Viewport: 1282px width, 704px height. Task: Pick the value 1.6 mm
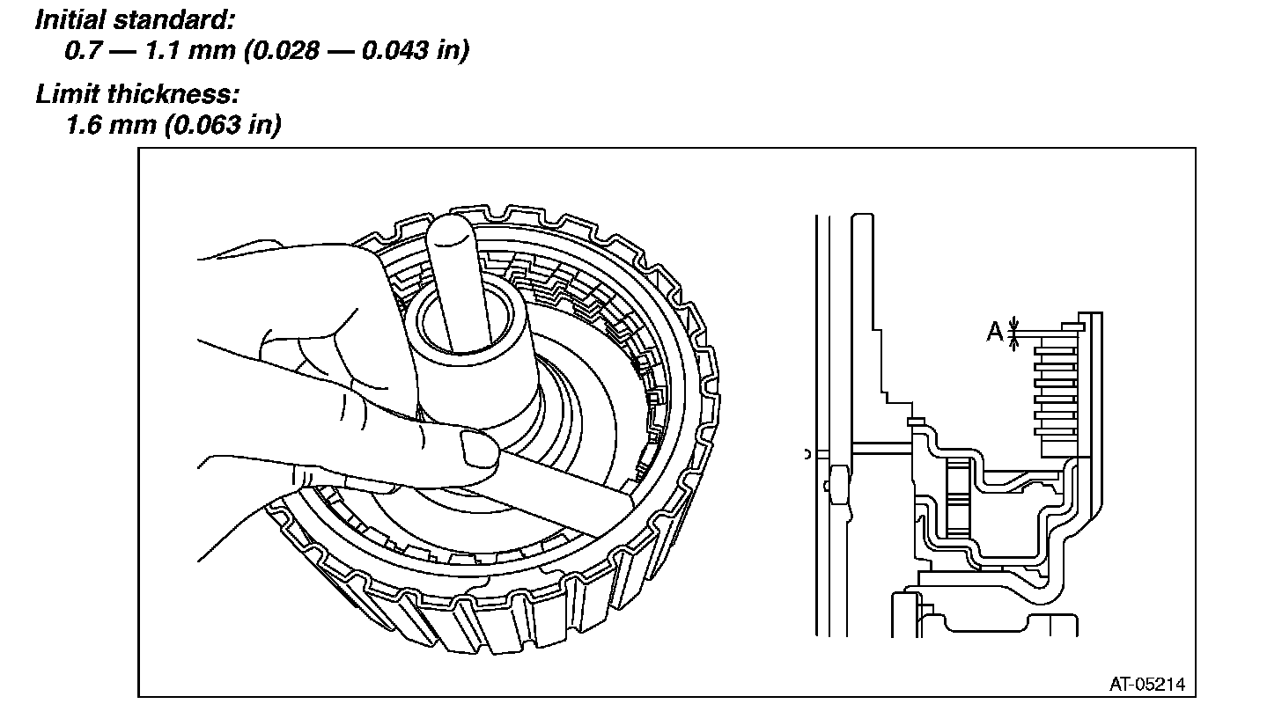pos(109,126)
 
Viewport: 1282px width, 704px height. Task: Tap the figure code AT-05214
pos(1147,683)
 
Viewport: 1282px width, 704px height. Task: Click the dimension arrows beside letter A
pos(1015,332)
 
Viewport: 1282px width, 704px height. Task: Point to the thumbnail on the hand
pos(478,451)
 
